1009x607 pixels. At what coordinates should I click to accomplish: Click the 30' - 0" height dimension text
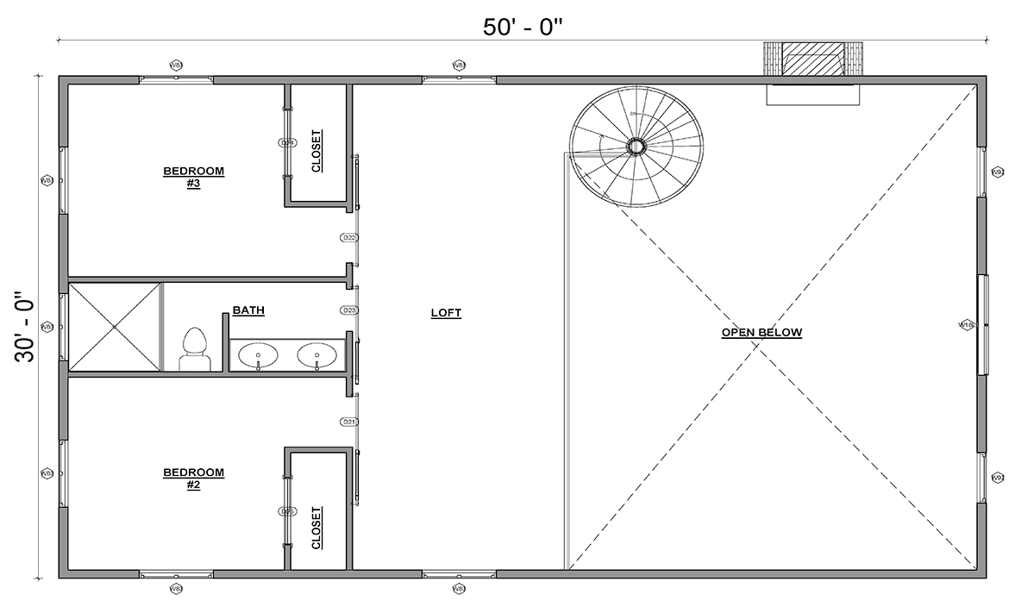[25, 329]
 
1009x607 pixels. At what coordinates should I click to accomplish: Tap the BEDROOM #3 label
[193, 177]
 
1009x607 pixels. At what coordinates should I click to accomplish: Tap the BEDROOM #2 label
[193, 478]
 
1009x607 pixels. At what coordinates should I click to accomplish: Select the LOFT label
[446, 313]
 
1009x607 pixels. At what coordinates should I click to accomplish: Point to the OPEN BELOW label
[761, 332]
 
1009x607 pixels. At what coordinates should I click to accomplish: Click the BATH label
[248, 310]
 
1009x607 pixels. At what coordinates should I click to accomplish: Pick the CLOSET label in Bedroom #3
[316, 151]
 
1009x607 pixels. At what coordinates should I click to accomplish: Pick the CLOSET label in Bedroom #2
[316, 527]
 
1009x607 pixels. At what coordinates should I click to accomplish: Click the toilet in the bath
[194, 350]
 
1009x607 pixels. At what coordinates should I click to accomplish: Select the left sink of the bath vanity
[258, 354]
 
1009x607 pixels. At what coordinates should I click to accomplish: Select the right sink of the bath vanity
[316, 354]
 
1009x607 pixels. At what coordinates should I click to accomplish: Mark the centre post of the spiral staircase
[636, 146]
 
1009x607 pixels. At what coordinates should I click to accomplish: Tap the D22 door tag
[349, 237]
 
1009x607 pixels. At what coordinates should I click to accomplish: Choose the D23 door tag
[349, 310]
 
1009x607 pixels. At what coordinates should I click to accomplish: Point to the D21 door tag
[349, 422]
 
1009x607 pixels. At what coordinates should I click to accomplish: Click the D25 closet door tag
[287, 511]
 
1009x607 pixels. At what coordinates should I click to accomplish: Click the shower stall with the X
[115, 327]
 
